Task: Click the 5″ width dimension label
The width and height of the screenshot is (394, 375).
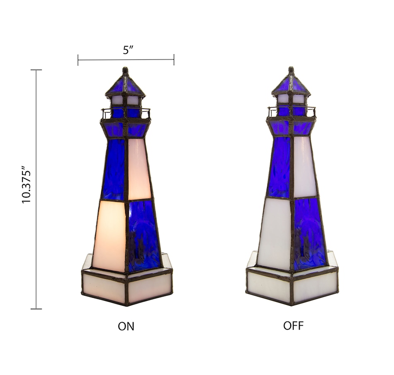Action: coord(128,50)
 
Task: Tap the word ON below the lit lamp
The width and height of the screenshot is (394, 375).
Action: coord(126,326)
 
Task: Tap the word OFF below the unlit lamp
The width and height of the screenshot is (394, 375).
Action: coord(293,326)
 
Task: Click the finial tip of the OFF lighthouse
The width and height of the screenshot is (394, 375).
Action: coord(291,69)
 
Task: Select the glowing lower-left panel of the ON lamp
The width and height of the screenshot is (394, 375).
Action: coord(110,235)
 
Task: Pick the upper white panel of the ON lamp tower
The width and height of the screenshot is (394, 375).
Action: coord(139,168)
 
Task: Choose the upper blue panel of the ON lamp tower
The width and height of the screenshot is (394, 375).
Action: coord(114,169)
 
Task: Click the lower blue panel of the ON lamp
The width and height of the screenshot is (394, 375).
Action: coord(143,235)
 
